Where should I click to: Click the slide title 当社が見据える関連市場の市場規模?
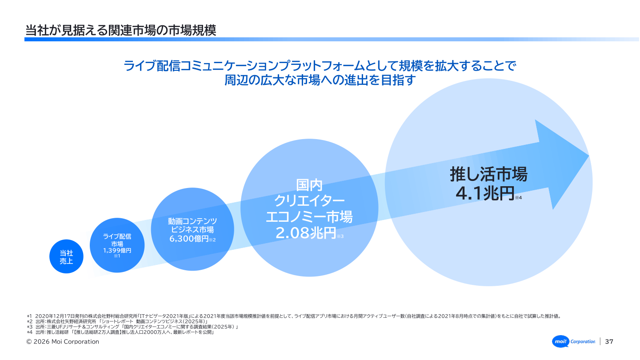pyautogui.click(x=121, y=31)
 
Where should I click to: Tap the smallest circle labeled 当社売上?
pyautogui.click(x=66, y=256)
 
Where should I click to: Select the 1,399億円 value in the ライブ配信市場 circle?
pyautogui.click(x=117, y=251)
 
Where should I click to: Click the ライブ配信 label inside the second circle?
pyautogui.click(x=117, y=236)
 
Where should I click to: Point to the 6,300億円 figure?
pyautogui.click(x=189, y=239)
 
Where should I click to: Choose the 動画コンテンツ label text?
pyautogui.click(x=192, y=221)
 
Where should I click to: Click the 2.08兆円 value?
pyautogui.click(x=306, y=233)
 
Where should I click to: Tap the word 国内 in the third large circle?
pyautogui.click(x=309, y=185)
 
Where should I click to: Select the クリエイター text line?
pyautogui.click(x=309, y=201)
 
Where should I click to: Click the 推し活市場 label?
pyautogui.click(x=488, y=174)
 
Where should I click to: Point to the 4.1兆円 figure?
pyautogui.click(x=485, y=193)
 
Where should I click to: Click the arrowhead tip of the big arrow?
pyautogui.click(x=589, y=156)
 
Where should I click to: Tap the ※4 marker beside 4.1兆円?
pyautogui.click(x=518, y=198)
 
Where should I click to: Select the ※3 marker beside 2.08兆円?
pyautogui.click(x=340, y=236)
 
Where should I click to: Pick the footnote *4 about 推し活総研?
pyautogui.click(x=120, y=332)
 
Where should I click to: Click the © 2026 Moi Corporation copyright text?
pyautogui.click(x=63, y=342)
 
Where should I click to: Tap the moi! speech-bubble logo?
pyautogui.click(x=560, y=341)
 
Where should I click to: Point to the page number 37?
pyautogui.click(x=609, y=341)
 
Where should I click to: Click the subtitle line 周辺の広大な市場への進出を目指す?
pyautogui.click(x=320, y=80)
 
